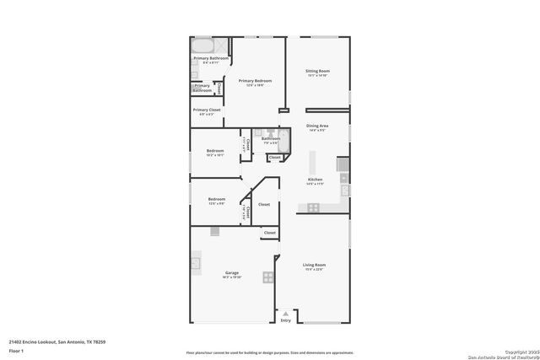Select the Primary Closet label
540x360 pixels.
(206, 110)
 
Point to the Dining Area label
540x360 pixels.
(317, 126)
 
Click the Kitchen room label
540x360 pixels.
(315, 180)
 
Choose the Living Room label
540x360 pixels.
(315, 266)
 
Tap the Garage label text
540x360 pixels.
(231, 272)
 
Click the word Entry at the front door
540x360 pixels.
(285, 320)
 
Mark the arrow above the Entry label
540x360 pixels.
(285, 314)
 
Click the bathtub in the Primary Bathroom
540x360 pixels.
(203, 46)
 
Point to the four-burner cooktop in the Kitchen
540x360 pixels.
(313, 207)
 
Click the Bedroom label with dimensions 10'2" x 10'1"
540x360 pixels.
(215, 151)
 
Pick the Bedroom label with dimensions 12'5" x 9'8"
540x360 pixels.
(216, 199)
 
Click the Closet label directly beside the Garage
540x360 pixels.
(270, 232)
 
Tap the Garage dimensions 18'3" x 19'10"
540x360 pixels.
(231, 277)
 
